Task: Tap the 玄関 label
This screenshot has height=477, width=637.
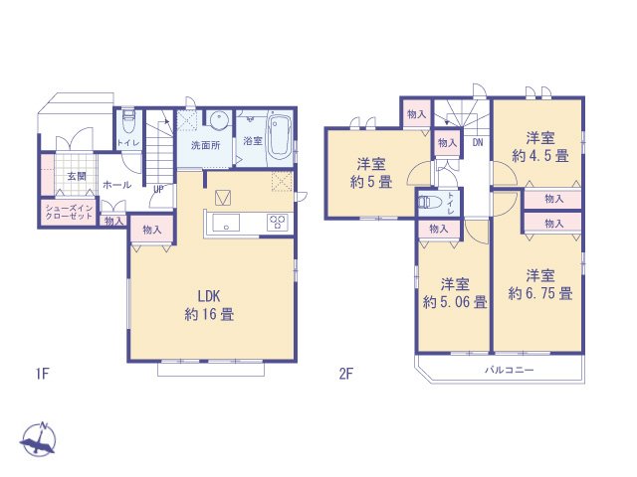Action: click(76, 176)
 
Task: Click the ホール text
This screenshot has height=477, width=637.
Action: click(115, 185)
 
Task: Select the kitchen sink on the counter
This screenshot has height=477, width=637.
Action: click(225, 223)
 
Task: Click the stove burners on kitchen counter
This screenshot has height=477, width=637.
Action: click(277, 223)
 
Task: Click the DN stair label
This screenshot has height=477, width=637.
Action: click(478, 142)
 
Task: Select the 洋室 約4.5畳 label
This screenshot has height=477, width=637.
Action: click(540, 146)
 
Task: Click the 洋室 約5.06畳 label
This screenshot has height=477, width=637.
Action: click(454, 293)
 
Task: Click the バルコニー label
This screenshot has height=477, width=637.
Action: click(511, 370)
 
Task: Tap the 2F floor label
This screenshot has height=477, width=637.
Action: click(346, 374)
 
